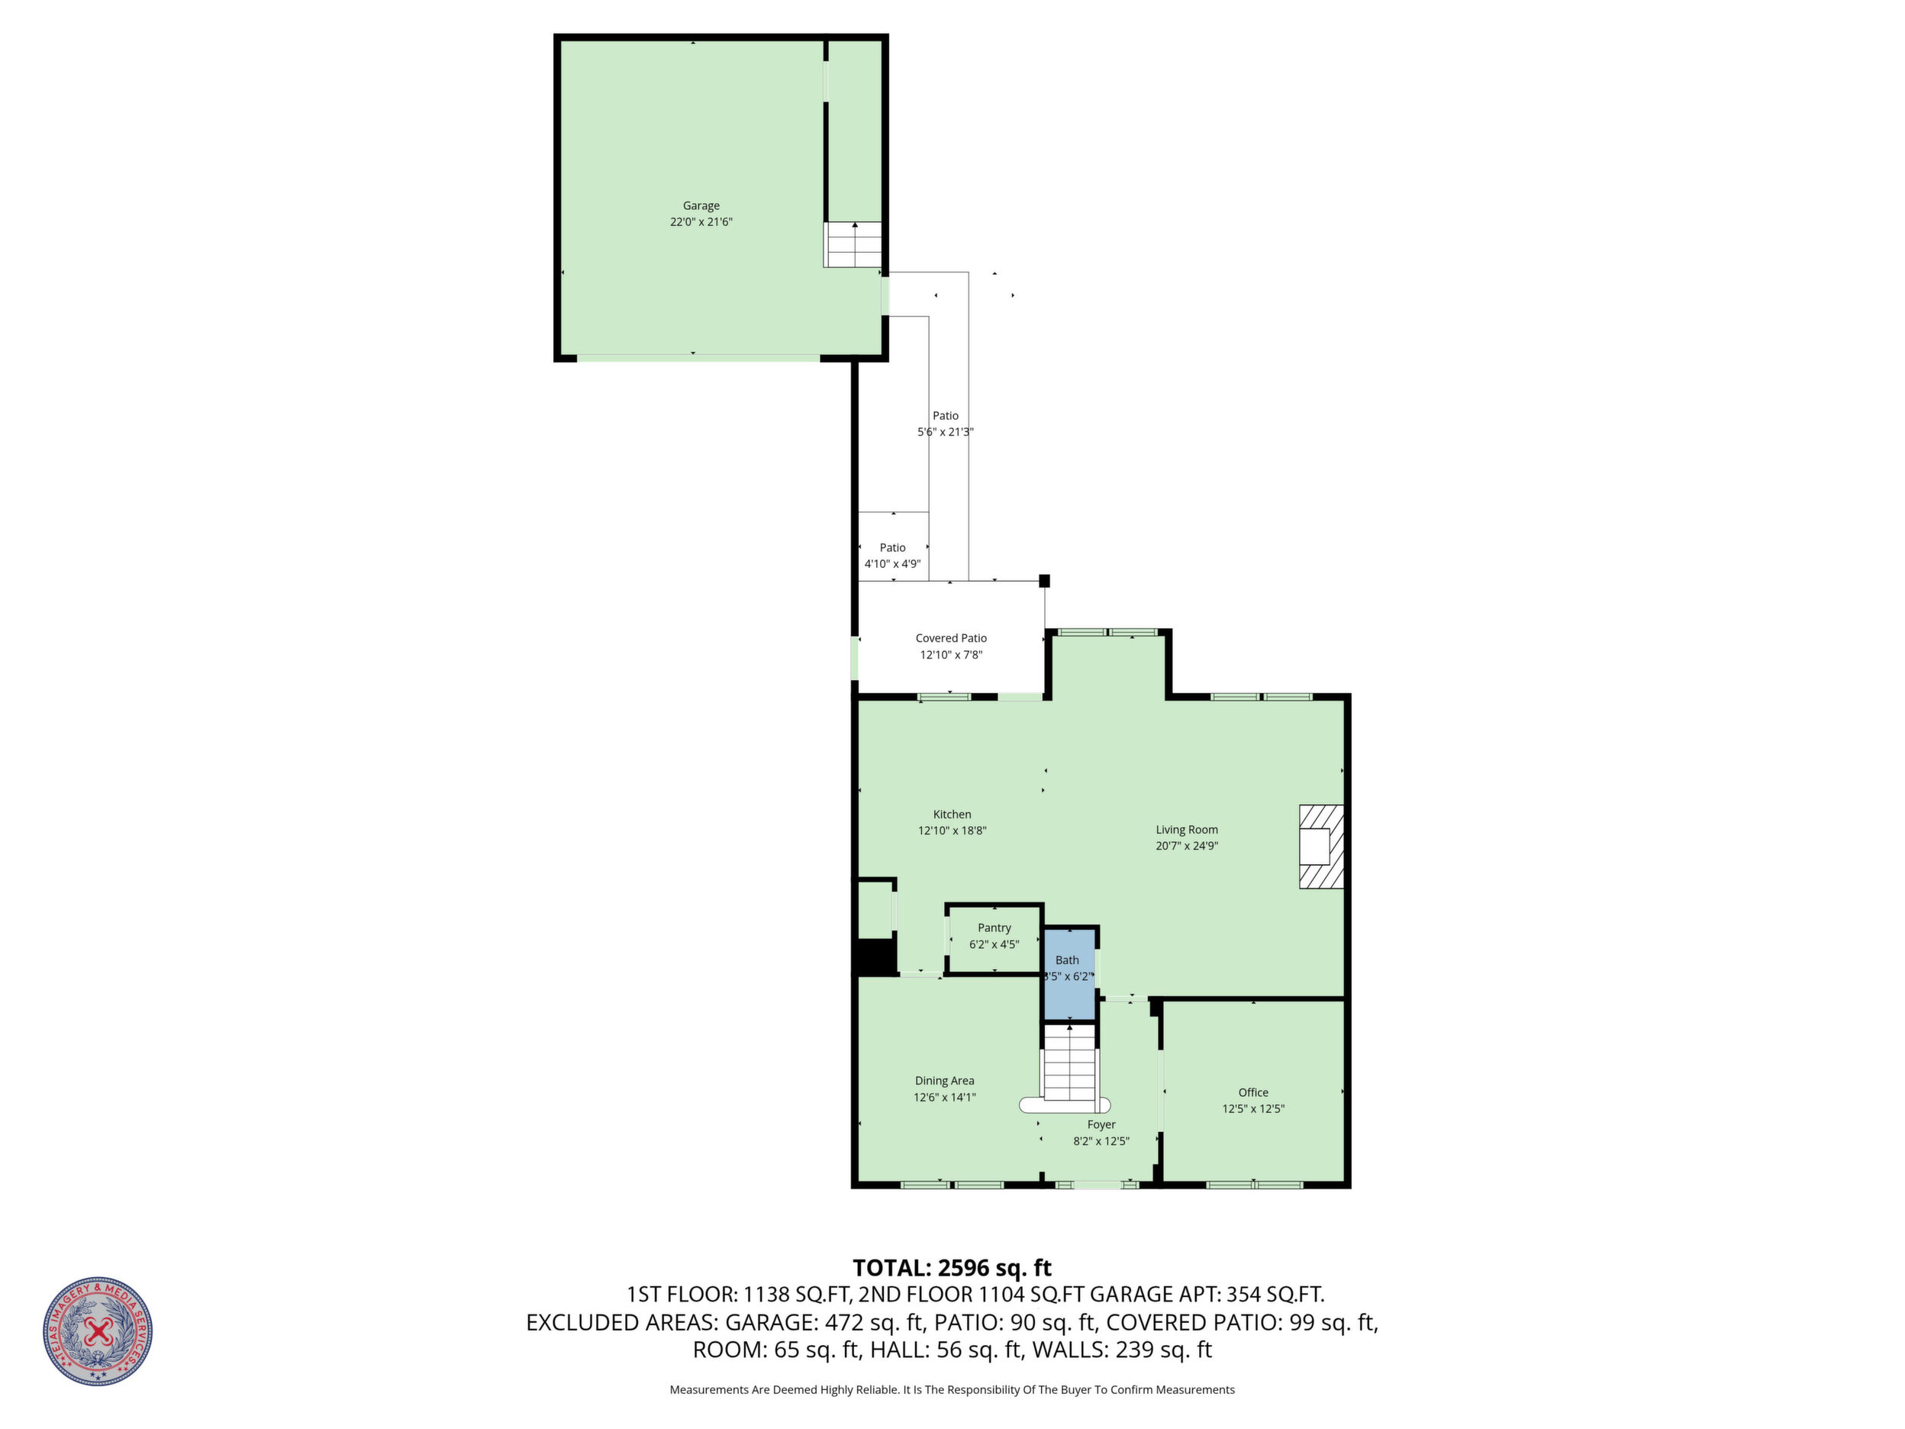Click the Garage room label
[x=701, y=206]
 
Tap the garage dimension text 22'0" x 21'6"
[x=701, y=222]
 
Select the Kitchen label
[x=952, y=814]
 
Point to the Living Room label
[x=1187, y=831]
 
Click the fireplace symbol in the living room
[x=1321, y=847]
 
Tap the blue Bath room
[x=1069, y=974]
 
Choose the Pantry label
[x=994, y=927]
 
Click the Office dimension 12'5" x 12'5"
[x=1253, y=1109]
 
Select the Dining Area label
[x=945, y=1081]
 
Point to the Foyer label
[x=1101, y=1125]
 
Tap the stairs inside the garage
[x=853, y=244]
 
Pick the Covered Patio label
[x=951, y=638]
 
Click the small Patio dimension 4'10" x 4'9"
[x=892, y=564]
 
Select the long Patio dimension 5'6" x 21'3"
[x=945, y=432]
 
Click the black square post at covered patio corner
[x=1045, y=581]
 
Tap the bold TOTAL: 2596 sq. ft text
[x=952, y=1268]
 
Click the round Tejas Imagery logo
[x=98, y=1331]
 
